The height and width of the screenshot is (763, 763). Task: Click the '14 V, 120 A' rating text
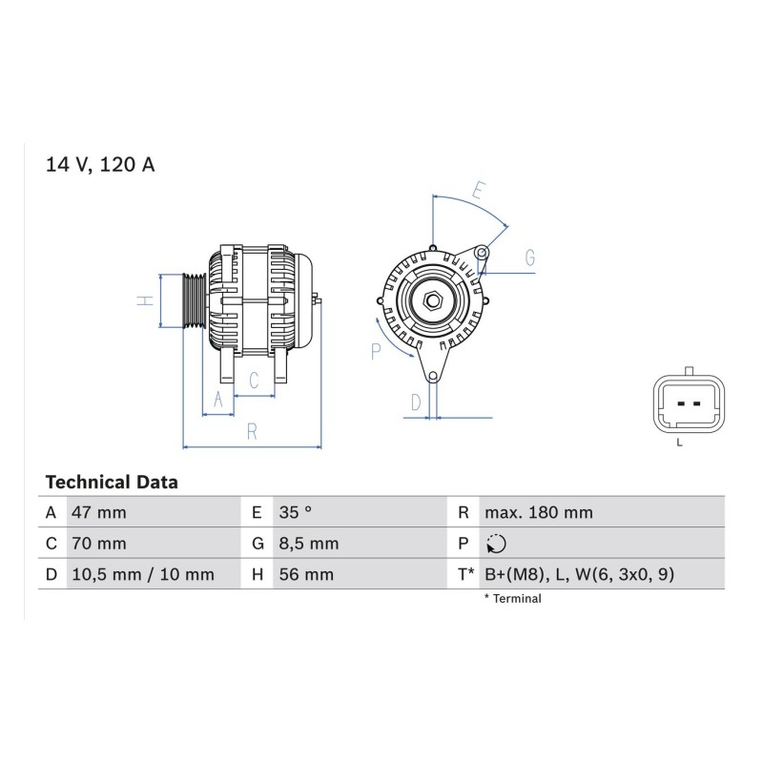tap(100, 165)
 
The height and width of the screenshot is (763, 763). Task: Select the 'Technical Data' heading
tap(112, 483)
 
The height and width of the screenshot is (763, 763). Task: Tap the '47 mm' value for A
tap(99, 512)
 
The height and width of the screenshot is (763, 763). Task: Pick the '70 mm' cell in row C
tap(99, 544)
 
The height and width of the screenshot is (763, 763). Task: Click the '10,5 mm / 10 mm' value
tap(143, 575)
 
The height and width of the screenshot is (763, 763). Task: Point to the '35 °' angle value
tap(296, 512)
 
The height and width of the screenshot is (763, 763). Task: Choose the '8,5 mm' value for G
tap(308, 544)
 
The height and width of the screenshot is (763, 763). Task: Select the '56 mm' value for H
tap(306, 575)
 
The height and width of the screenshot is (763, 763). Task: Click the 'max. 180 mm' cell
tap(539, 512)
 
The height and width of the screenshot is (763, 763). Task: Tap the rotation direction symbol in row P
tap(496, 544)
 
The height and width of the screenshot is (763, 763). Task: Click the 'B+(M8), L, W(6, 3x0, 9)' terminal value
tap(580, 575)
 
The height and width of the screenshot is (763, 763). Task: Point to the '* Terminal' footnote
tap(512, 599)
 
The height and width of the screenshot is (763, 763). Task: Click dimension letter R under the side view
tap(252, 432)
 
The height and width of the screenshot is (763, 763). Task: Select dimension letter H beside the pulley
tap(145, 300)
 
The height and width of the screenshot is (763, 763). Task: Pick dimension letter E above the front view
tap(479, 190)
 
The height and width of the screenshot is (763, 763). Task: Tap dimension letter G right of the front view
tap(530, 258)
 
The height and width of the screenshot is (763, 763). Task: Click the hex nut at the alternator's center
tap(432, 300)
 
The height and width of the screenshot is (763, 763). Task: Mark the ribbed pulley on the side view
tap(195, 300)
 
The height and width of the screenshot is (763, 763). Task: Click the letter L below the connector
tap(679, 443)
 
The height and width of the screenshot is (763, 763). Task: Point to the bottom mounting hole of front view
tap(433, 376)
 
